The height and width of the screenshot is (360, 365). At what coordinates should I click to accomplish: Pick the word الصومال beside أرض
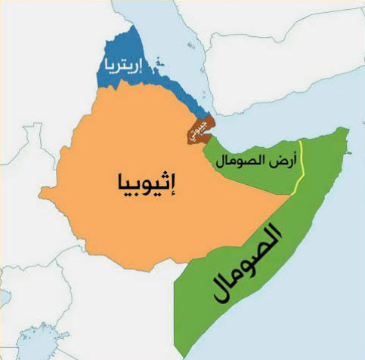[242, 161]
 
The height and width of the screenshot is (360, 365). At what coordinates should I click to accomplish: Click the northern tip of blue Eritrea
[136, 28]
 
